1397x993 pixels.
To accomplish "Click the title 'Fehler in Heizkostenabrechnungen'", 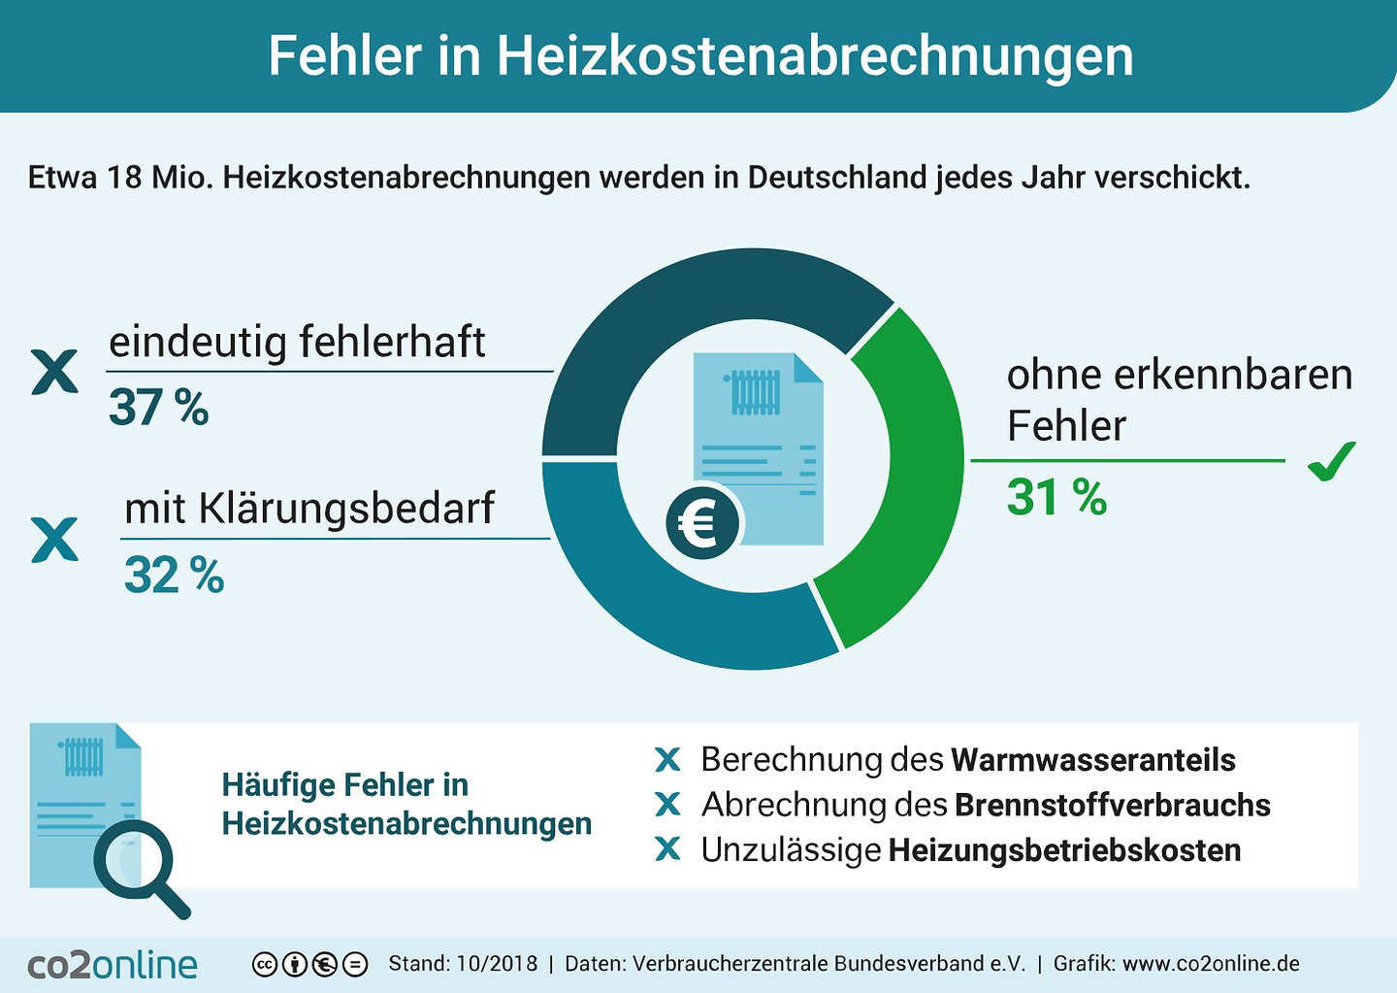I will (x=700, y=56).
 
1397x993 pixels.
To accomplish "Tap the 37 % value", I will (x=158, y=408).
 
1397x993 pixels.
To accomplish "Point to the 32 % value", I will (x=174, y=576).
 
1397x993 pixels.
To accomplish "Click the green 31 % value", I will (x=1056, y=498).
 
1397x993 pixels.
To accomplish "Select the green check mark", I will (x=1331, y=461).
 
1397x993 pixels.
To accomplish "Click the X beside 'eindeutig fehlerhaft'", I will (x=54, y=373).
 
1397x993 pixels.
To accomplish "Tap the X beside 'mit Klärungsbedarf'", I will (x=54, y=540).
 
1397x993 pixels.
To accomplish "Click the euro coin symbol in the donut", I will (x=701, y=524).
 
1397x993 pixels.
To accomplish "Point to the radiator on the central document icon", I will (x=755, y=392).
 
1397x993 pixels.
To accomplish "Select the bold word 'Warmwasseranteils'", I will (x=1092, y=760).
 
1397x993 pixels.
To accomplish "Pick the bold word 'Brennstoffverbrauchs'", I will (x=1112, y=806).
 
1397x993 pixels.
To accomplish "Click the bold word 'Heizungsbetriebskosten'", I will (x=1064, y=850).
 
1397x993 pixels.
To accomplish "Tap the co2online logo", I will (x=113, y=965).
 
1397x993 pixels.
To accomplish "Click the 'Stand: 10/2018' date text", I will (x=463, y=964).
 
